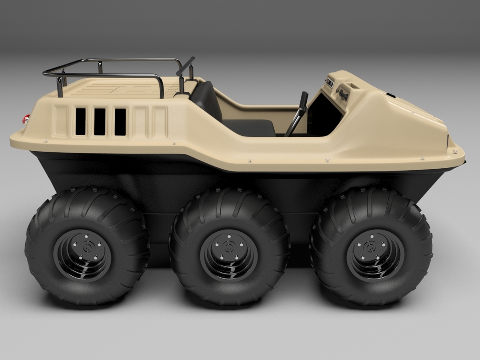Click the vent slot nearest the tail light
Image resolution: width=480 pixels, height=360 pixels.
point(81,121)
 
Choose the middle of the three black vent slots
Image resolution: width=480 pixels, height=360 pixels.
point(100,121)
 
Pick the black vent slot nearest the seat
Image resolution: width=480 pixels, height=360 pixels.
point(120,121)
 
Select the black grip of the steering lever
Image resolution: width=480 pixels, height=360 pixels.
point(303,100)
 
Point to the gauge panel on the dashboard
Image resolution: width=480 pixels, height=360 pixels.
point(330,83)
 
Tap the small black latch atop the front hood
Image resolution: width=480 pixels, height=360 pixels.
point(390,95)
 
